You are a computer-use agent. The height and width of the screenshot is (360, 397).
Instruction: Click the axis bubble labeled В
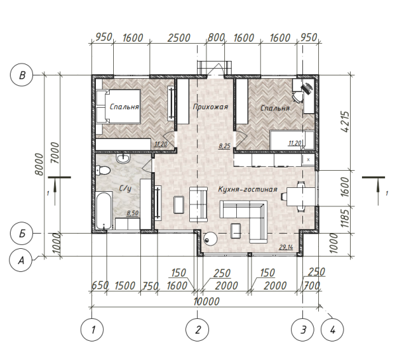pyautogui.click(x=22, y=75)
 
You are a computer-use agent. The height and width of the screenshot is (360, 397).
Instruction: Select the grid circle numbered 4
pyautogui.click(x=332, y=330)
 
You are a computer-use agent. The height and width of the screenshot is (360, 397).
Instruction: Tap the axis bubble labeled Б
pyautogui.click(x=22, y=233)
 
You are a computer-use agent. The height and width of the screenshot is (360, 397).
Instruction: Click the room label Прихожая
pyautogui.click(x=210, y=107)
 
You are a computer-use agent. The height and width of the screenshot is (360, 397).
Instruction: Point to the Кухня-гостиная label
pyautogui.click(x=247, y=189)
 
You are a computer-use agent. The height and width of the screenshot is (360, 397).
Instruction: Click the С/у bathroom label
pyautogui.click(x=125, y=189)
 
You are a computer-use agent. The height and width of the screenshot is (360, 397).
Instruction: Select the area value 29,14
pyautogui.click(x=286, y=247)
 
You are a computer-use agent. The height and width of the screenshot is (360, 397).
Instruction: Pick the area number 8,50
pyautogui.click(x=132, y=213)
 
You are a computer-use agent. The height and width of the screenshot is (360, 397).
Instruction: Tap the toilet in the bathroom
pyautogui.click(x=103, y=170)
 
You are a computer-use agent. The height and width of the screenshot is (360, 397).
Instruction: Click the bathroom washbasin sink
pyautogui.click(x=123, y=158)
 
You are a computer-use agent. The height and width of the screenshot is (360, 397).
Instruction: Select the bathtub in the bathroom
pyautogui.click(x=104, y=211)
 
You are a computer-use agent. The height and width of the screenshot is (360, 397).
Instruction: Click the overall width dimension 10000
pyautogui.click(x=206, y=302)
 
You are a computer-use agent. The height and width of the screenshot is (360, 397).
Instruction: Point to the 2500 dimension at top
pyautogui.click(x=179, y=38)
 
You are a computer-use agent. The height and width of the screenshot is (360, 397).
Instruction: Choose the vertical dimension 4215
pyautogui.click(x=345, y=122)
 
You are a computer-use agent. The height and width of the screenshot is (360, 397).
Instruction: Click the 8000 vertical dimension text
pyautogui.click(x=39, y=164)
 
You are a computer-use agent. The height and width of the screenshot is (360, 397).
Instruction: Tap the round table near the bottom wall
pyautogui.click(x=210, y=238)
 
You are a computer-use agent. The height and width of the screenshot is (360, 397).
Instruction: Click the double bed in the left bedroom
pyautogui.click(x=118, y=107)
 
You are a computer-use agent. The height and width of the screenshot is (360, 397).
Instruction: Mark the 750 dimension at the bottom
pyautogui.click(x=150, y=287)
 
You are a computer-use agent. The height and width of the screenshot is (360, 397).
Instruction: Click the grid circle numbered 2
pyautogui.click(x=197, y=330)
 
